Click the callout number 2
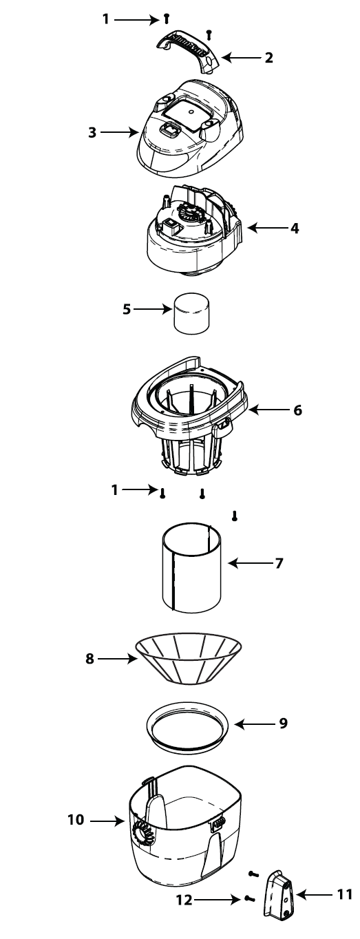pos(268,57)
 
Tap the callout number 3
pos(92,132)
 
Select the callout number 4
pos(295,229)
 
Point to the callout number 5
pos(127,309)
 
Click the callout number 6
pos(297,410)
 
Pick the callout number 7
pos(279,563)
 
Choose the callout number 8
pos(89,659)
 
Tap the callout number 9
pos(284,723)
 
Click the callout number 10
pos(76,819)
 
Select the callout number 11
pos(344,894)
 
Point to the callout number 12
pos(184,900)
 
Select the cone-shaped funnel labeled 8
pos(188,659)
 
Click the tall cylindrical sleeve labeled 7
pos(191,565)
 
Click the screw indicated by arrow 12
pos(249,899)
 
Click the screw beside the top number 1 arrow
pos(167,19)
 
